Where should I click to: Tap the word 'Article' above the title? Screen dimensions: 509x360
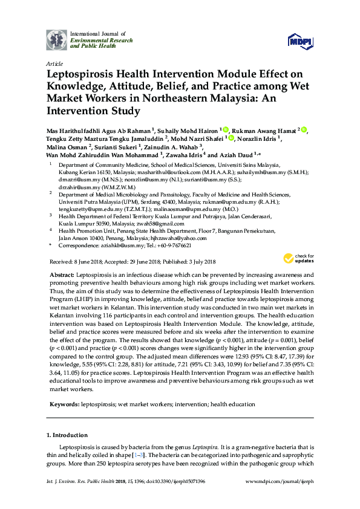coord(54,63)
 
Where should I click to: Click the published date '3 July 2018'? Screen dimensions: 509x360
coord(201,262)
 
